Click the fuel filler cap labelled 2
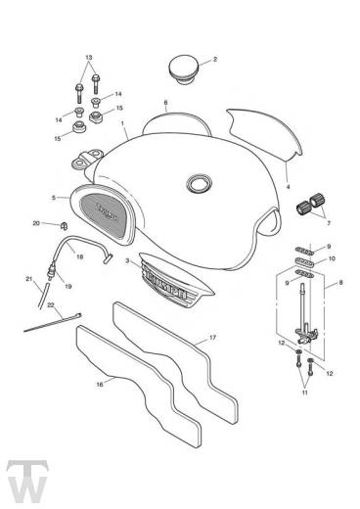[x=186, y=70]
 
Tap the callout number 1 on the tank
[x=123, y=124]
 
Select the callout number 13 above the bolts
[x=89, y=57]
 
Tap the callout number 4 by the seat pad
[x=288, y=185]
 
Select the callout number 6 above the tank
[x=166, y=103]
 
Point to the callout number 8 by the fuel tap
[x=340, y=283]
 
